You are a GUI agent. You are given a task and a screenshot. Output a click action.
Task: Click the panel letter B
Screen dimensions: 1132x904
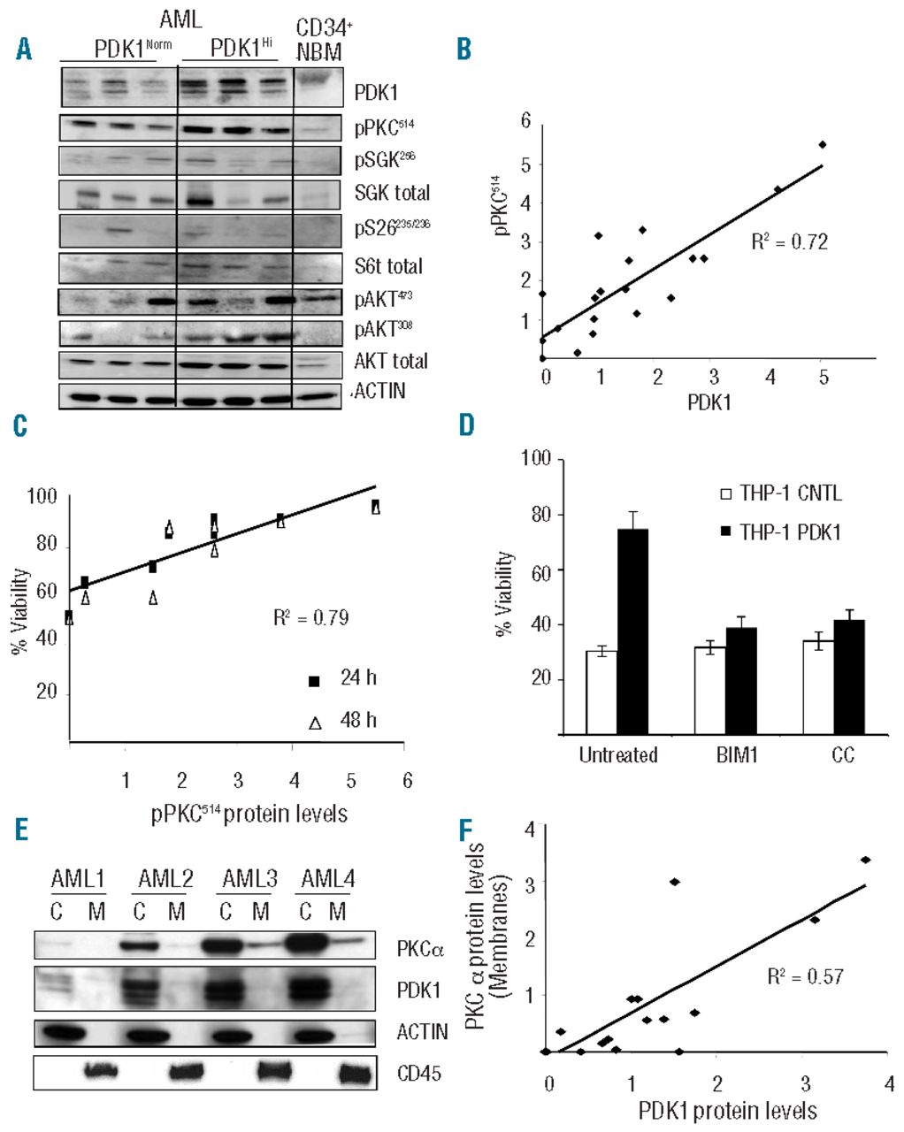coord(463,50)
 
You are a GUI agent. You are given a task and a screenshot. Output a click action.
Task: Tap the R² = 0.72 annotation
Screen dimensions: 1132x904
coord(789,241)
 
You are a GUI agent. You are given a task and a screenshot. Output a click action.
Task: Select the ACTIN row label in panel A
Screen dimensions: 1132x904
coord(379,390)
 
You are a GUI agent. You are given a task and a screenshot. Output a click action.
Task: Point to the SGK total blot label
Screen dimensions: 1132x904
coord(392,193)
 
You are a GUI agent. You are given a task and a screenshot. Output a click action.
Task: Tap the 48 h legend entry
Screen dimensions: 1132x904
coord(345,721)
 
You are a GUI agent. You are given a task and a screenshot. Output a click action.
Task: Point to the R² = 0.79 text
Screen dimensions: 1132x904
coord(310,617)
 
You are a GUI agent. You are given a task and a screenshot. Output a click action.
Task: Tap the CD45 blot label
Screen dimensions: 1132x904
coord(419,1074)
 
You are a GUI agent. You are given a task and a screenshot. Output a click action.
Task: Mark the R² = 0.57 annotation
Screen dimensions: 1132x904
coord(806,976)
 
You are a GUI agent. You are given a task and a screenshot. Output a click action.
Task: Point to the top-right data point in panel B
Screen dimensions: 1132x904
coord(822,144)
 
